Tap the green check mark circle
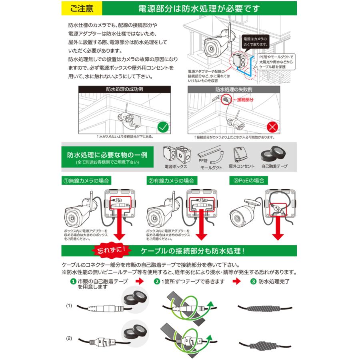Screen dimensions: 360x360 click(x=162, y=128)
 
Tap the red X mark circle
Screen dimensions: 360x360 click(x=272, y=128)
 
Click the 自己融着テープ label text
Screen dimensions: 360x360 click(x=274, y=166)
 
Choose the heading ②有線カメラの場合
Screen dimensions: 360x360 click(x=171, y=180)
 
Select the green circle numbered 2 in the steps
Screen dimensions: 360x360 click(x=156, y=281)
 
